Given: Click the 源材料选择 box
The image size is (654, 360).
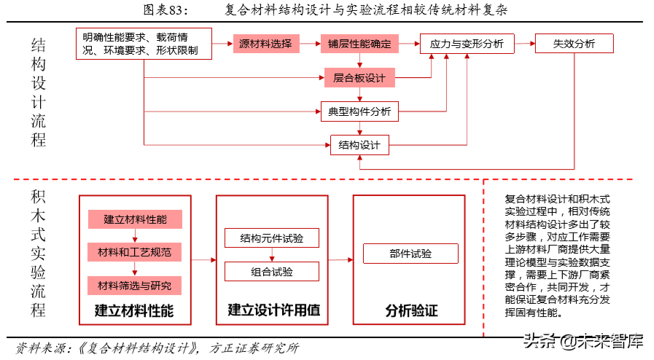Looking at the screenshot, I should [x=265, y=44].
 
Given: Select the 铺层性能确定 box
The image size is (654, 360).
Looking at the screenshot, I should [x=359, y=44].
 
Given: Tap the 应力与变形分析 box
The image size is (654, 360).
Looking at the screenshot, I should [x=467, y=44].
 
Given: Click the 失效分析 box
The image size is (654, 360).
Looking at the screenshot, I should [x=574, y=44].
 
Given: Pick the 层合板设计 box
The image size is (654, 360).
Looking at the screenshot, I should [x=359, y=77].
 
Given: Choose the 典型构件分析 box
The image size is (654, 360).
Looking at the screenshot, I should [x=359, y=111].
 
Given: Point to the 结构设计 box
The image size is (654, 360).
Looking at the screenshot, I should [x=359, y=144].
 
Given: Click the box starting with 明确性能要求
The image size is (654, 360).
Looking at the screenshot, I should [x=144, y=44].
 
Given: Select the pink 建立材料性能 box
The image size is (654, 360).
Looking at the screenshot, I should [x=134, y=219].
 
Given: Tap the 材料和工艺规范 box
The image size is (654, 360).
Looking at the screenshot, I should [x=134, y=252].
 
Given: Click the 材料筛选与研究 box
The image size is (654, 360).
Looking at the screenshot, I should [x=134, y=285].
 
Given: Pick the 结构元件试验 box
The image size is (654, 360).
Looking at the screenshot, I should [x=272, y=238].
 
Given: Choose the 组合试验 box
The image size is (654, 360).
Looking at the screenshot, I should [x=272, y=272].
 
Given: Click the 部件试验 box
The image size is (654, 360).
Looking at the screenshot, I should [x=410, y=254].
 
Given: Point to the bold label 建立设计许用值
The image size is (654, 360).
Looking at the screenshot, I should [x=273, y=310].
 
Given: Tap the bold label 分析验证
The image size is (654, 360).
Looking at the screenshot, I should [x=411, y=310].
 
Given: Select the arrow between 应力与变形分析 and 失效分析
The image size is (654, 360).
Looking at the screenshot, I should [x=523, y=44].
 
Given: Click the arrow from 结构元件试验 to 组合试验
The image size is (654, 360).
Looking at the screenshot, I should [x=272, y=255].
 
